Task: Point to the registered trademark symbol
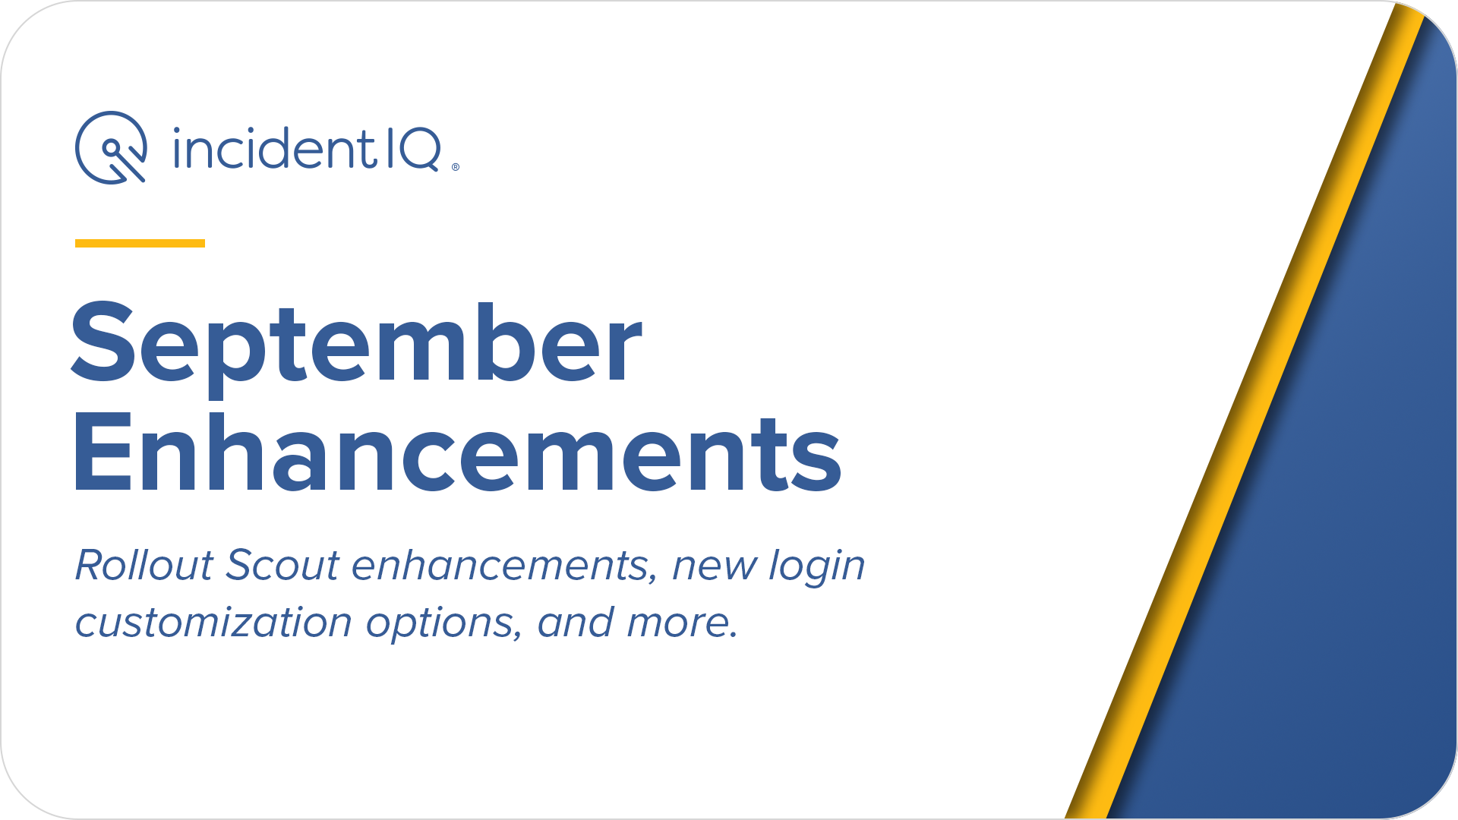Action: tap(456, 167)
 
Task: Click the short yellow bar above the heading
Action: tap(140, 243)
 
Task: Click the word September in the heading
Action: tap(357, 345)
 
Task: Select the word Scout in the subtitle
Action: tap(282, 566)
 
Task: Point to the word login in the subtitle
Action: tap(817, 568)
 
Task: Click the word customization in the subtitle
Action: tap(213, 623)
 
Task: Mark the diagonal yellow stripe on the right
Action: tap(1246, 410)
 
